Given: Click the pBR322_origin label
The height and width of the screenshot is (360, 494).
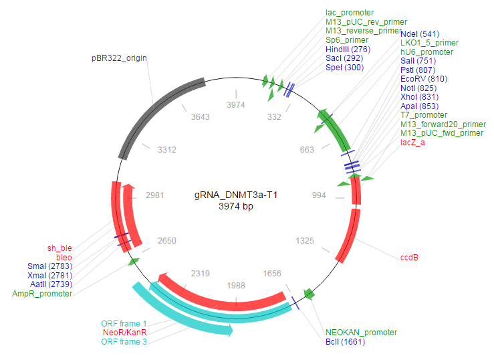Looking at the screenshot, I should (x=119, y=58).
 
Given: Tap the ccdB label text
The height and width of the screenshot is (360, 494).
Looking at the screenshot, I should (x=409, y=256).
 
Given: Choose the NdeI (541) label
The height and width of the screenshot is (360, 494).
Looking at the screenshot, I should (x=419, y=33).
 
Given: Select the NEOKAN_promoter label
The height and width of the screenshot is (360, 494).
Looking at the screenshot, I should (x=361, y=332).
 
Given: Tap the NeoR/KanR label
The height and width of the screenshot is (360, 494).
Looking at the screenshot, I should (x=125, y=333).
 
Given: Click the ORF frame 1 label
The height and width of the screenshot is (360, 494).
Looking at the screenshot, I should (x=124, y=324).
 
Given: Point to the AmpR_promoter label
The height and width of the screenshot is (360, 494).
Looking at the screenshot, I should (x=43, y=293).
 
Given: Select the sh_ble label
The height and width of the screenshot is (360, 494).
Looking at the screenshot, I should (x=59, y=248).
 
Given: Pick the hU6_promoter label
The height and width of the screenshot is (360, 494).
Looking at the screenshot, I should (x=426, y=52).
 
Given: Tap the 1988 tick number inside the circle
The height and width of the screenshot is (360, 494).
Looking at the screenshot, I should (x=236, y=285).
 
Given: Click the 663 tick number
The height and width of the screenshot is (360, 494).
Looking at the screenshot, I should (x=307, y=150).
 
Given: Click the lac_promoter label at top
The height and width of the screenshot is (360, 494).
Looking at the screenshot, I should (x=350, y=13).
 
